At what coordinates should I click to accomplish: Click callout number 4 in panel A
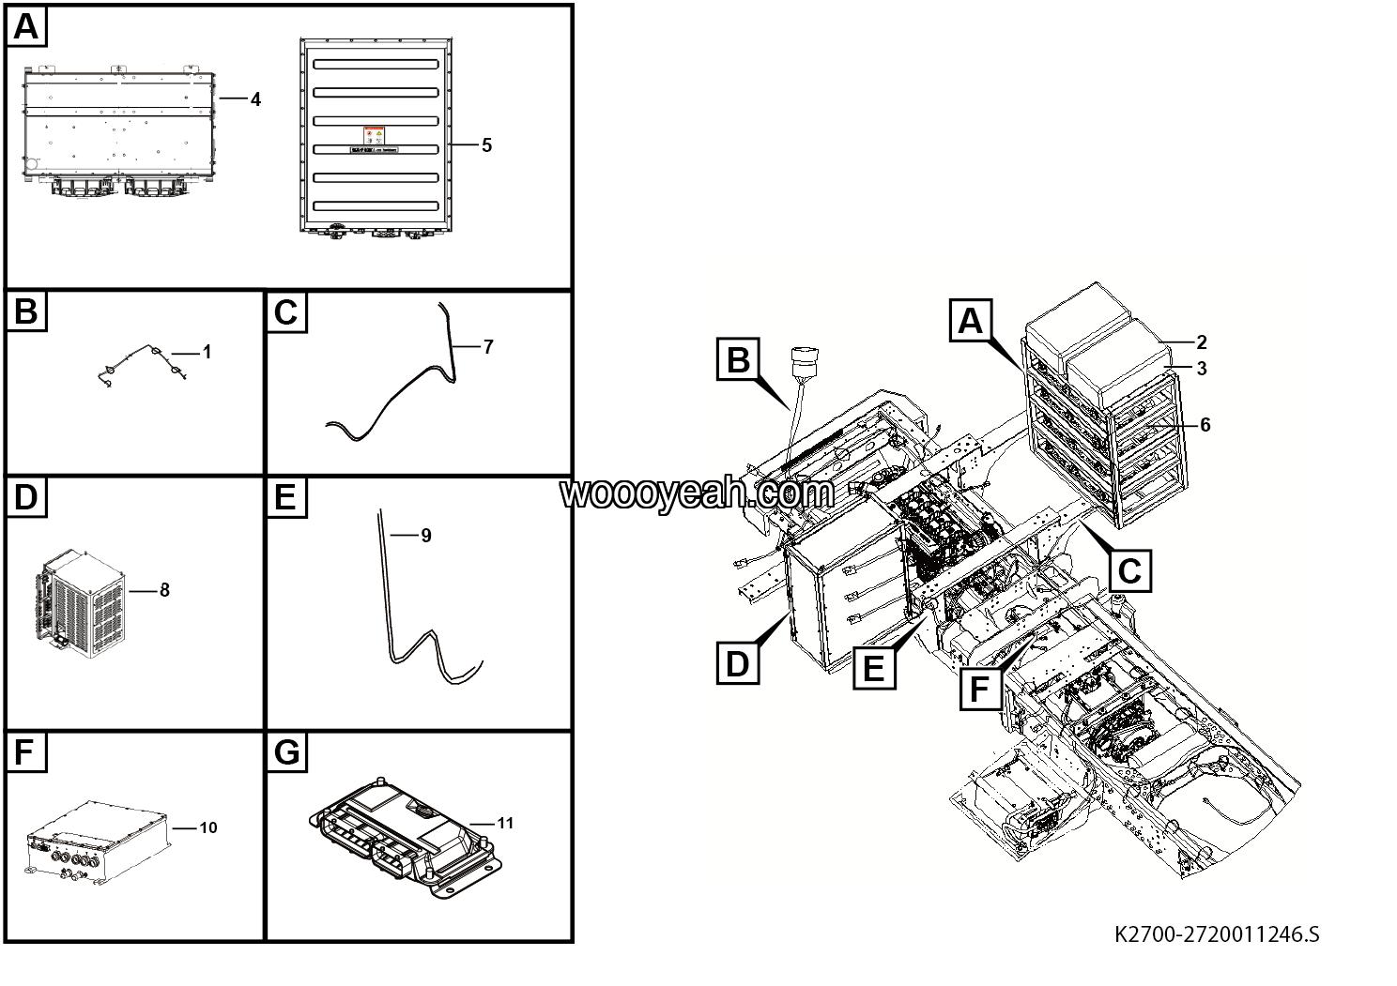tap(255, 99)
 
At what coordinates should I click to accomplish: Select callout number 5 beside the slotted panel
tap(486, 145)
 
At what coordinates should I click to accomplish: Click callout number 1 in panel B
tap(207, 353)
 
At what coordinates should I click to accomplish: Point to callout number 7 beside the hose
tap(488, 347)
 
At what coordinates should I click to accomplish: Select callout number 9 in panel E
tap(426, 536)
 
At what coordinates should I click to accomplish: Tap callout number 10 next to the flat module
tap(208, 827)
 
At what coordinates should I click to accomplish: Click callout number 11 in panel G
tap(505, 824)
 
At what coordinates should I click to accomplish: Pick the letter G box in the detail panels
tap(287, 753)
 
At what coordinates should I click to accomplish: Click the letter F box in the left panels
tap(26, 753)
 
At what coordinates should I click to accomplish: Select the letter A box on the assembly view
tap(970, 321)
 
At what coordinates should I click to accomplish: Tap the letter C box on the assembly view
tap(1129, 569)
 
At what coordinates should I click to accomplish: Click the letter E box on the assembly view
tap(872, 669)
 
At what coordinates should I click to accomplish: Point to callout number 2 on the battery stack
tap(1202, 343)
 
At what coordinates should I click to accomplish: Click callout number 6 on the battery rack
tap(1205, 425)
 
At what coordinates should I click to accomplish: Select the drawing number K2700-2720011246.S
tap(1216, 934)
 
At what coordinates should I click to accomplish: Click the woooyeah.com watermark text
tap(697, 493)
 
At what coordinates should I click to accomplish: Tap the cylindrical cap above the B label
tap(804, 361)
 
